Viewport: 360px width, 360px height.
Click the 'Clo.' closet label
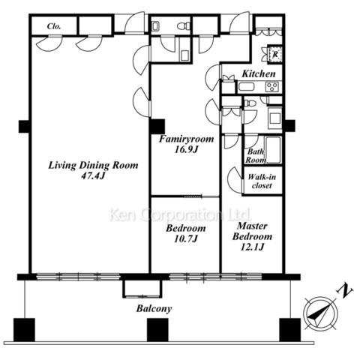pos(54,26)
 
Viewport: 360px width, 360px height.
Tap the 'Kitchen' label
pos(259,73)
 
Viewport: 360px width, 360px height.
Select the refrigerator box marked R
pos(274,54)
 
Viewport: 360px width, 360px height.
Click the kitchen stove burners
pos(272,87)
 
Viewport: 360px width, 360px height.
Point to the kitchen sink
pos(246,87)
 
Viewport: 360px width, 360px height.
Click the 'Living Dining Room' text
pos(93,166)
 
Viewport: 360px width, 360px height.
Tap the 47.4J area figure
pos(93,176)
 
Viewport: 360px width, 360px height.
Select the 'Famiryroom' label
pos(187,139)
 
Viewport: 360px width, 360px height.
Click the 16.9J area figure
pos(186,149)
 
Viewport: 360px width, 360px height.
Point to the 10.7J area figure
pos(186,238)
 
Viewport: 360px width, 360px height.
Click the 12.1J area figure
pos(252,247)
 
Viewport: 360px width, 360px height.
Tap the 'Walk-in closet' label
pos(262,181)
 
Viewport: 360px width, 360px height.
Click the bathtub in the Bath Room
pos(273,149)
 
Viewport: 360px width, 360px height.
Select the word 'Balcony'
pos(154,308)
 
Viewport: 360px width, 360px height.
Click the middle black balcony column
pos(157,330)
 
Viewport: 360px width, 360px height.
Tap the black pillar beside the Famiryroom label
pos(157,127)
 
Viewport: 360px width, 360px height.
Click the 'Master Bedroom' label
pos(252,231)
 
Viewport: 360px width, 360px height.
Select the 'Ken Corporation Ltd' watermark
pos(180,215)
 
